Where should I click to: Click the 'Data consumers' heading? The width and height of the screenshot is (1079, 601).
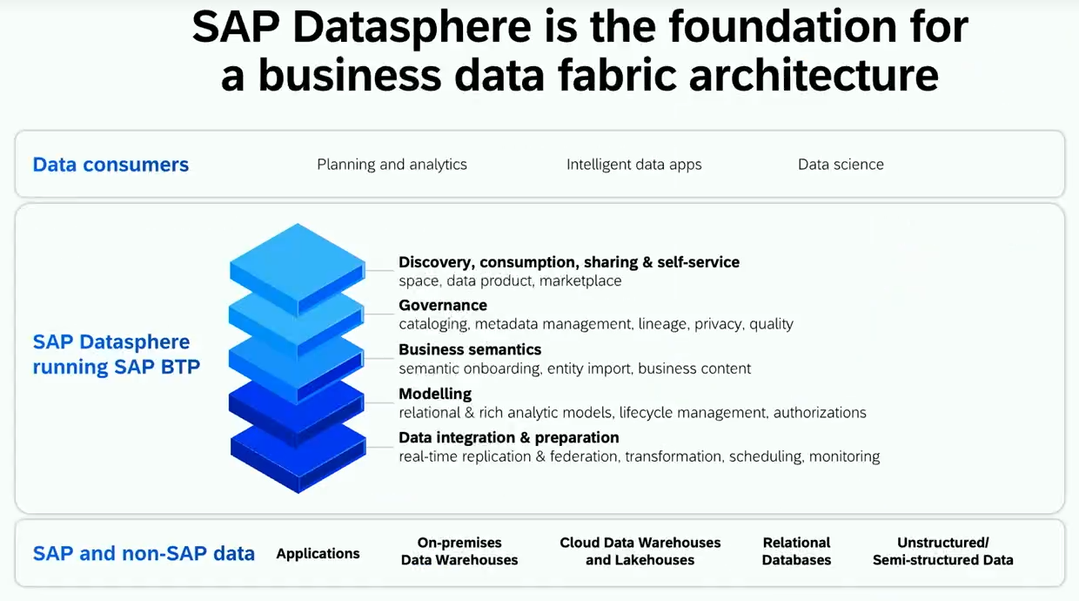point(111,165)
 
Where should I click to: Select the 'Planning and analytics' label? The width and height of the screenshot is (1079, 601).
point(392,165)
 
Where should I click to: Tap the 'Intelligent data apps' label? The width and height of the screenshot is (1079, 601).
point(633,165)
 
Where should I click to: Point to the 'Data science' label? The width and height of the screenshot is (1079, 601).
point(841,165)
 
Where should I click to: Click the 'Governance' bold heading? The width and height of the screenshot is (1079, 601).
point(443,306)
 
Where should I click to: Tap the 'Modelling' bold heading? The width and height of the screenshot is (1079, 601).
point(435,394)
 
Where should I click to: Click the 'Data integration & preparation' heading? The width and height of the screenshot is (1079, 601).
point(509,437)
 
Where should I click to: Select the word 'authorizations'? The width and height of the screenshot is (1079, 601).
point(820,413)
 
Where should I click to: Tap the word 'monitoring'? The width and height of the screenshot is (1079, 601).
point(844,456)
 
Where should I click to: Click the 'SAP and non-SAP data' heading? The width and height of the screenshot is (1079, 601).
point(144,553)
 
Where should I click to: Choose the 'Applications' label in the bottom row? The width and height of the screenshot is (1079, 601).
point(318,554)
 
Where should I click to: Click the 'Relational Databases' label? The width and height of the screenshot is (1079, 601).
point(796,551)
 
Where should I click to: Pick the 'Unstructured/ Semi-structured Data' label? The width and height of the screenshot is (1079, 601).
point(943,551)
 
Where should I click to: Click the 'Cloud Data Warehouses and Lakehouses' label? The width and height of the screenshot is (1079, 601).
point(640,551)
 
